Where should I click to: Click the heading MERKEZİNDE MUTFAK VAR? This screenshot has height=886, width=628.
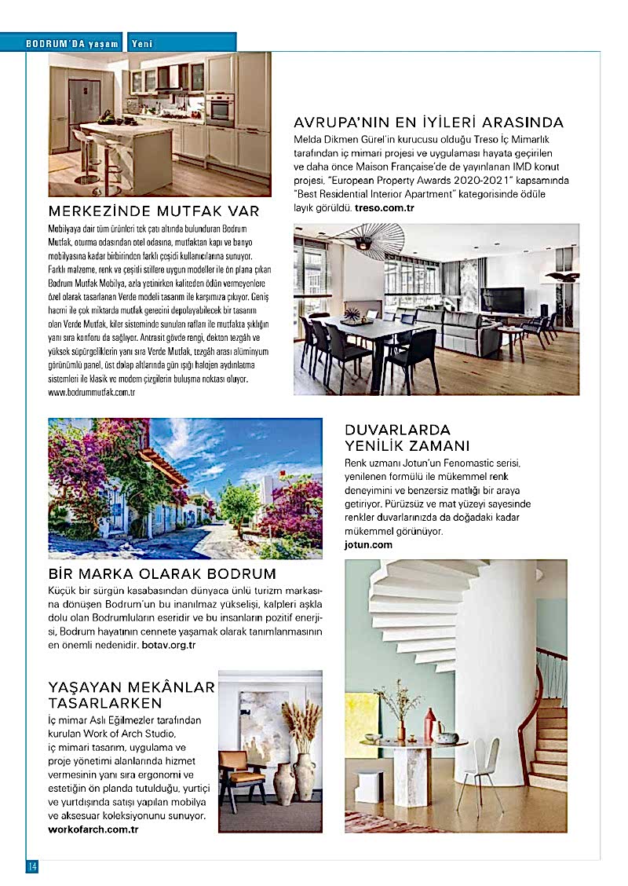click(154, 211)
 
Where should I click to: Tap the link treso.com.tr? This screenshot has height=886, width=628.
click(384, 208)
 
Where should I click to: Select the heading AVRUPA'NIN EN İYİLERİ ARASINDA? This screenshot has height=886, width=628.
click(429, 123)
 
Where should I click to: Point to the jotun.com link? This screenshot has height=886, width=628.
click(368, 544)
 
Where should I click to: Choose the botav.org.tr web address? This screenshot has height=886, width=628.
click(169, 645)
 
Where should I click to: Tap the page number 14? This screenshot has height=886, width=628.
click(33, 866)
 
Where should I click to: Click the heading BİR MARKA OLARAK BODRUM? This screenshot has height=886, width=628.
click(162, 573)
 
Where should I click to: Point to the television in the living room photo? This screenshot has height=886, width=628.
click(502, 300)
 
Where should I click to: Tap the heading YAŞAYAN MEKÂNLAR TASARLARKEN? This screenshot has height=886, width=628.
click(131, 694)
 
